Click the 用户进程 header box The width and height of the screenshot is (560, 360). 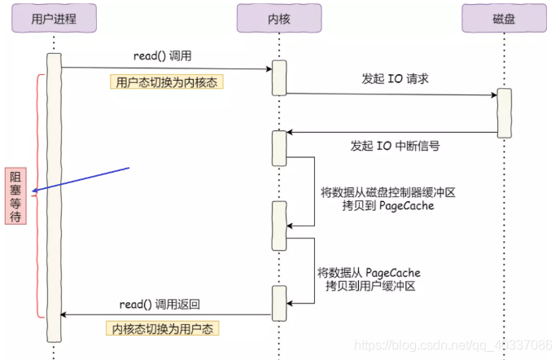pyautogui.click(x=53, y=19)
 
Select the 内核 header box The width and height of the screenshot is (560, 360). pyautogui.click(x=278, y=19)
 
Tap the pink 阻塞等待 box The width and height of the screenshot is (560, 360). pyautogui.click(x=15, y=195)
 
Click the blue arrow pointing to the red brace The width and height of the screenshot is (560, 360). pyautogui.click(x=81, y=180)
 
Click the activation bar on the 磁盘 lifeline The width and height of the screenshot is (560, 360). pyautogui.click(x=505, y=112)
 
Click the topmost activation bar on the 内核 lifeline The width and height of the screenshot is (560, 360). pyautogui.click(x=278, y=77)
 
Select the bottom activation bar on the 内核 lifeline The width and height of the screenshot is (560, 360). pyautogui.click(x=278, y=303)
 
